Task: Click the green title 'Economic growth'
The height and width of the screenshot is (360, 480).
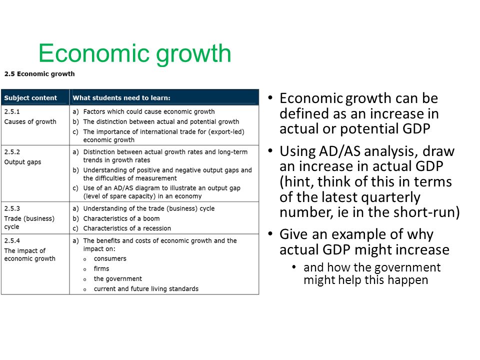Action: [134, 53]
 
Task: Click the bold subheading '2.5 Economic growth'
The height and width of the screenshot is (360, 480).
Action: [39, 74]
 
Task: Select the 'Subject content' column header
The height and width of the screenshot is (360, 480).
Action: [30, 98]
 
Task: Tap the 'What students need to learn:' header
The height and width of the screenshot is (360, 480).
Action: [121, 98]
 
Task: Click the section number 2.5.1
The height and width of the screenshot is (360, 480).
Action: [12, 111]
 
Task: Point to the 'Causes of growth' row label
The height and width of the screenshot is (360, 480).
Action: [30, 122]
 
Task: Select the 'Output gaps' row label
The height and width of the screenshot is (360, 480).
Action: [22, 162]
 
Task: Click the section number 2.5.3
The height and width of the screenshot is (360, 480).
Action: [12, 208]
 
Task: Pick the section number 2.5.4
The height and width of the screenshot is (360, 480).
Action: [12, 240]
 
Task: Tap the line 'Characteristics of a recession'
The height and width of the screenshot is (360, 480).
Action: [127, 228]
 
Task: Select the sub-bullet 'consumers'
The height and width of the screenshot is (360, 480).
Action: [110, 258]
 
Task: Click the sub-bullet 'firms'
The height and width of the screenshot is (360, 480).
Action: [101, 269]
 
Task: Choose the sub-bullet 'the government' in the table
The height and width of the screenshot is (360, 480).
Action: [118, 279]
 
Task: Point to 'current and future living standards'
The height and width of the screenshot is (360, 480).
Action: [146, 289]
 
